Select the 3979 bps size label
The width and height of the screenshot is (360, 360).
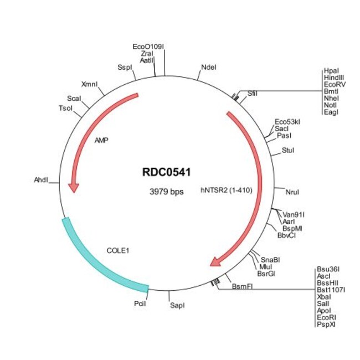pyautogui.click(x=167, y=192)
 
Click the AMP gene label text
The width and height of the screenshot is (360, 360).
pyautogui.click(x=101, y=141)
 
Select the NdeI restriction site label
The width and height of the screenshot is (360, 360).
pyautogui.click(x=209, y=68)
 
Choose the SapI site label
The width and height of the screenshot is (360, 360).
pyautogui.click(x=177, y=306)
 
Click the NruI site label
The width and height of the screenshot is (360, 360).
pyautogui.click(x=292, y=192)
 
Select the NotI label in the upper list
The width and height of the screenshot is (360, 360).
pyautogui.click(x=330, y=105)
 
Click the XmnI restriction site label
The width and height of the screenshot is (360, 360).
pyautogui.click(x=89, y=84)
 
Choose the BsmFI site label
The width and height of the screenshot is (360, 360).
pyautogui.click(x=242, y=286)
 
